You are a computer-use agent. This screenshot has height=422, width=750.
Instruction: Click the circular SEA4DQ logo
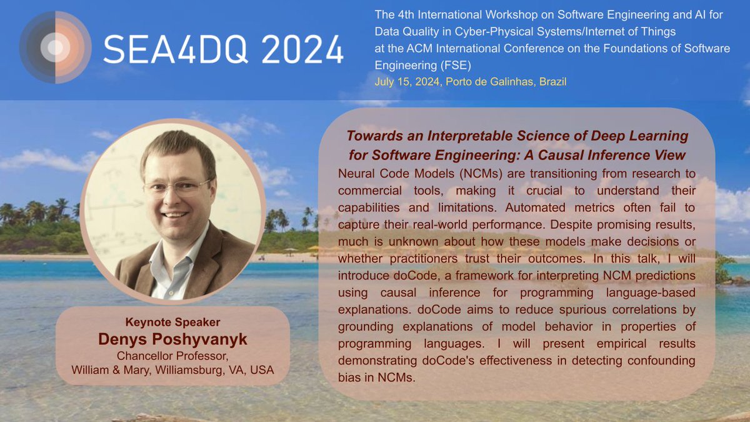coord(56,47)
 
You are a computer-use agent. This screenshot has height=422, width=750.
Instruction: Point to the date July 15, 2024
coord(408,82)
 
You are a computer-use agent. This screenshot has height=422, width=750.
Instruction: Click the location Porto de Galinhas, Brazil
coord(506,82)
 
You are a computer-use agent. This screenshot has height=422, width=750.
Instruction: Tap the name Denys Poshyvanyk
coord(172,339)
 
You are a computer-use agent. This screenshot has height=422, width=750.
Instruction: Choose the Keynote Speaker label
coord(172,323)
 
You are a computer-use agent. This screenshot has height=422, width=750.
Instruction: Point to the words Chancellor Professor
coord(172,356)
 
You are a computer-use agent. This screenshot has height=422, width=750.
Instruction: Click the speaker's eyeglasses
coord(177,186)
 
